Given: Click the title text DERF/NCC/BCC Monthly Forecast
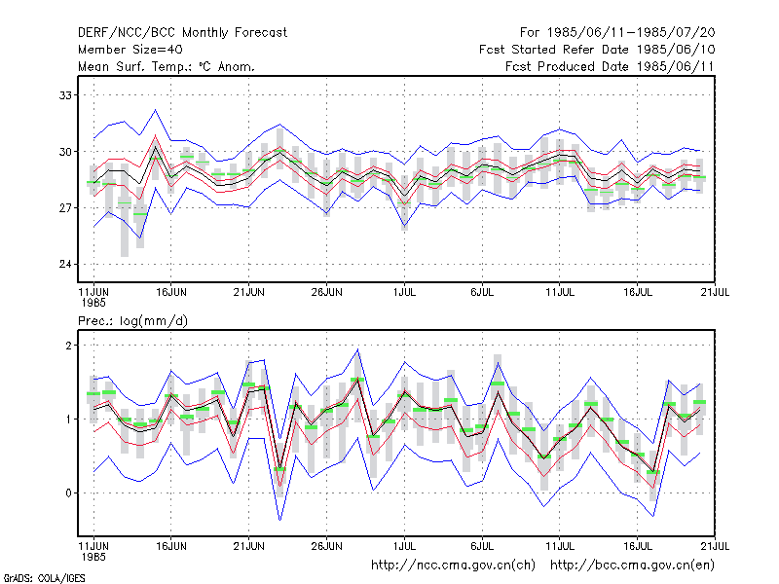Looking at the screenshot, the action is point(182,33).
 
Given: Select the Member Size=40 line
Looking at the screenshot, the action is point(130,50).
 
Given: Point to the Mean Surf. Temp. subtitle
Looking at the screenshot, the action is point(166,66).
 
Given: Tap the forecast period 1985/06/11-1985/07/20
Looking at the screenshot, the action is point(617,33).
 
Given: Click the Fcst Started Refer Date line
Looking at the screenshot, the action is point(597,50).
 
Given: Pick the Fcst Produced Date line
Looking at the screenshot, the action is point(610,66).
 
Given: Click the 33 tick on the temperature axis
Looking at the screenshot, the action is point(65,94).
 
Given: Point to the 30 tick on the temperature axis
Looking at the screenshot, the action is point(65,152).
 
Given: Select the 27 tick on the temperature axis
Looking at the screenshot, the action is point(65,207).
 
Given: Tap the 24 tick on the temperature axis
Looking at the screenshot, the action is point(65,264).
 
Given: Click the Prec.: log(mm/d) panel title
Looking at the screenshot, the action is point(132,321).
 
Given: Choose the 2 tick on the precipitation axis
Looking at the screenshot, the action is point(68,346).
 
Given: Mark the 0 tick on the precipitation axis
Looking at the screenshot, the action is point(68,493).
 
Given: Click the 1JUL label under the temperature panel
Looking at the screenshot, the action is point(404,292).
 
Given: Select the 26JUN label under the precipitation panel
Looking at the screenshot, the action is point(326,546).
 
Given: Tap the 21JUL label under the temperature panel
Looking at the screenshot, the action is point(715,292).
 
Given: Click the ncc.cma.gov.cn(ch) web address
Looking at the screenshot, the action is point(453,566).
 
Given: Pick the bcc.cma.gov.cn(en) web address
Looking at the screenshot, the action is point(632,566).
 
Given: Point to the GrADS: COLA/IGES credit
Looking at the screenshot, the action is point(44,578).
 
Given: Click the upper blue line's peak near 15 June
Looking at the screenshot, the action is point(156,110).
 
